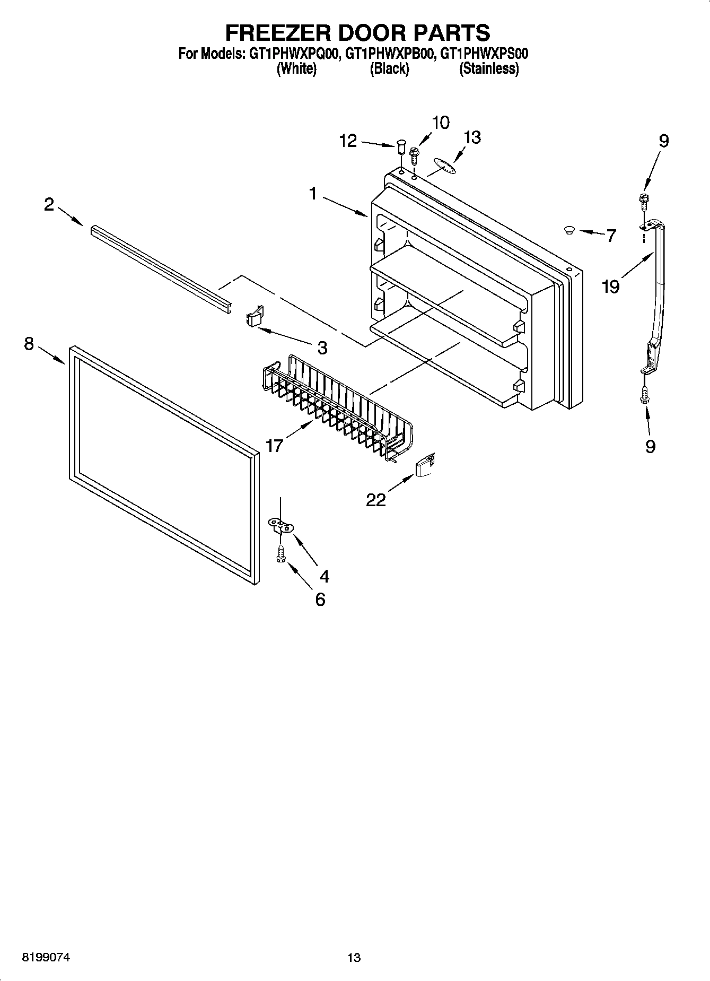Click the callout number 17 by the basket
(x=274, y=445)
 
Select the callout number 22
(x=376, y=500)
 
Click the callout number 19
(x=611, y=287)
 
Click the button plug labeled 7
(x=569, y=230)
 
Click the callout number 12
(x=348, y=141)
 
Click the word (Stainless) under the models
(x=488, y=68)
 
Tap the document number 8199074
(x=46, y=957)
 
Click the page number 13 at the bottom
(x=354, y=957)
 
